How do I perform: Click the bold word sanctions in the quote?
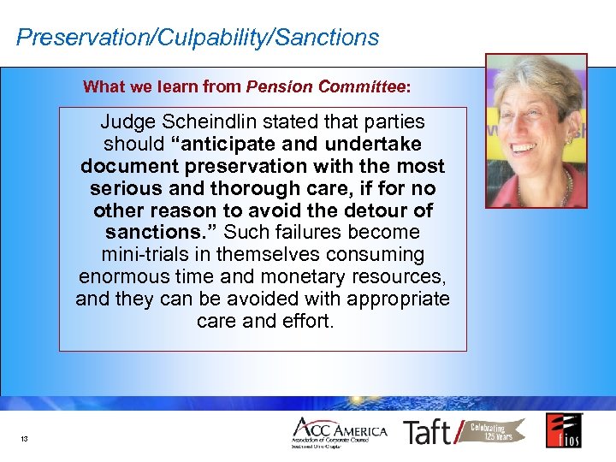pyautogui.click(x=148, y=233)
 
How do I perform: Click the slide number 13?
pyautogui.click(x=24, y=439)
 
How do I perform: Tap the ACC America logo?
pyautogui.click(x=339, y=432)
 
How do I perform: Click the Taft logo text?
pyautogui.click(x=428, y=432)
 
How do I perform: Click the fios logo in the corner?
pyautogui.click(x=564, y=430)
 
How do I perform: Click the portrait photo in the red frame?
pyautogui.click(x=536, y=132)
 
